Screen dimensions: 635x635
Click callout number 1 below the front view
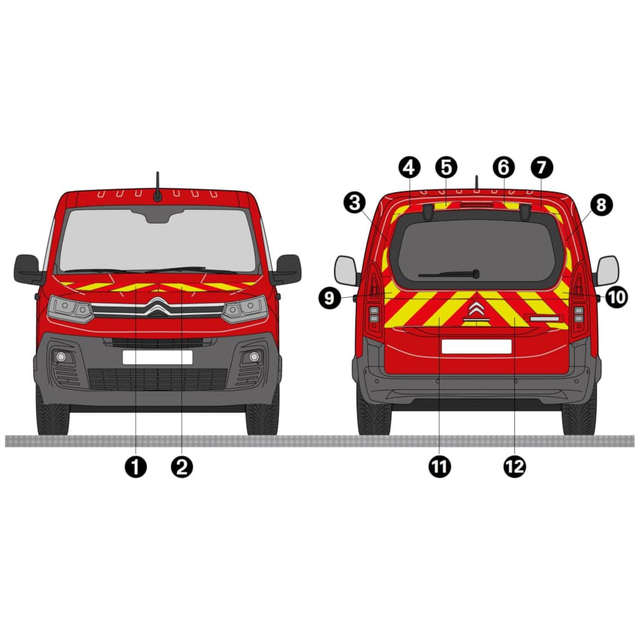point(136,467)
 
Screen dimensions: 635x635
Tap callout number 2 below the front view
point(182,467)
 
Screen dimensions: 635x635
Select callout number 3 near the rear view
point(355,203)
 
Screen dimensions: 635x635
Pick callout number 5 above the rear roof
point(446,167)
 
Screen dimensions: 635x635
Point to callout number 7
point(542,167)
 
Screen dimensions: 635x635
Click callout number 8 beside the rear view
point(601,205)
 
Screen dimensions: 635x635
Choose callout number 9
point(330,298)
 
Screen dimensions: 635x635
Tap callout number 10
point(617,297)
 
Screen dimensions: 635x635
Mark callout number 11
point(439,467)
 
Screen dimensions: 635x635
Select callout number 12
point(515,467)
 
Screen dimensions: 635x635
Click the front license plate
point(157,358)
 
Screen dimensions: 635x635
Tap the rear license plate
point(477,347)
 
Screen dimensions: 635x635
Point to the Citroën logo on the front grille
point(157,307)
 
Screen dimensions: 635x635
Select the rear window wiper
point(450,274)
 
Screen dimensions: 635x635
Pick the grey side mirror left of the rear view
point(346,271)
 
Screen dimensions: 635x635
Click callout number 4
point(410,167)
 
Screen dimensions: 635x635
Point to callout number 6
point(504,167)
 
